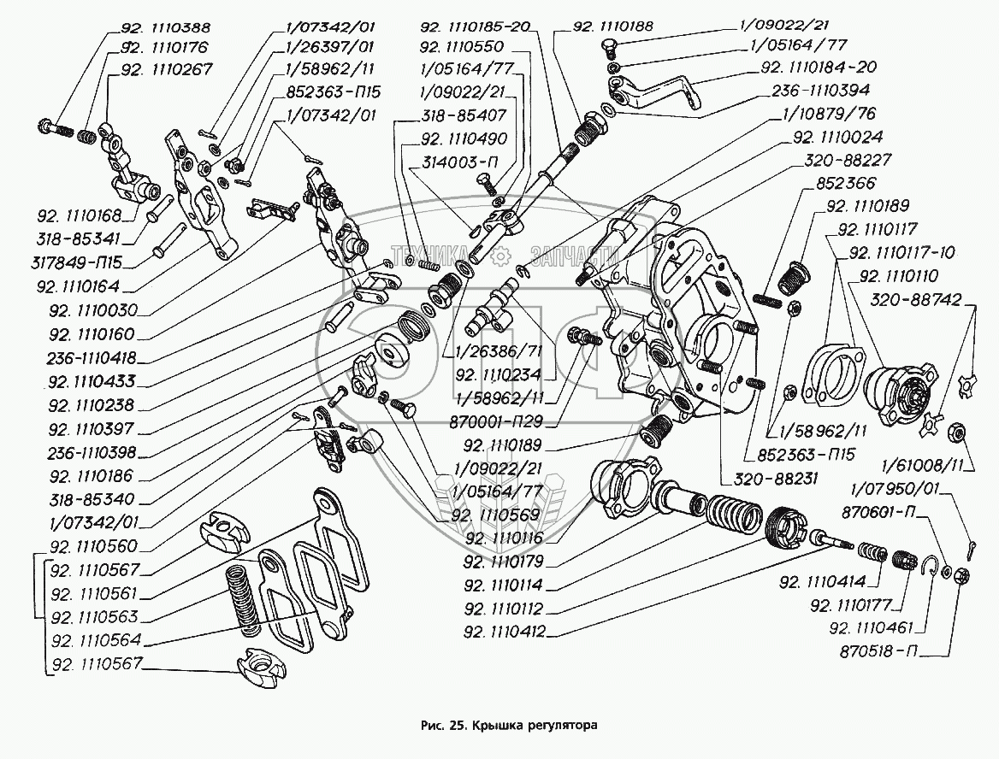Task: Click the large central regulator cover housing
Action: (676, 316)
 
